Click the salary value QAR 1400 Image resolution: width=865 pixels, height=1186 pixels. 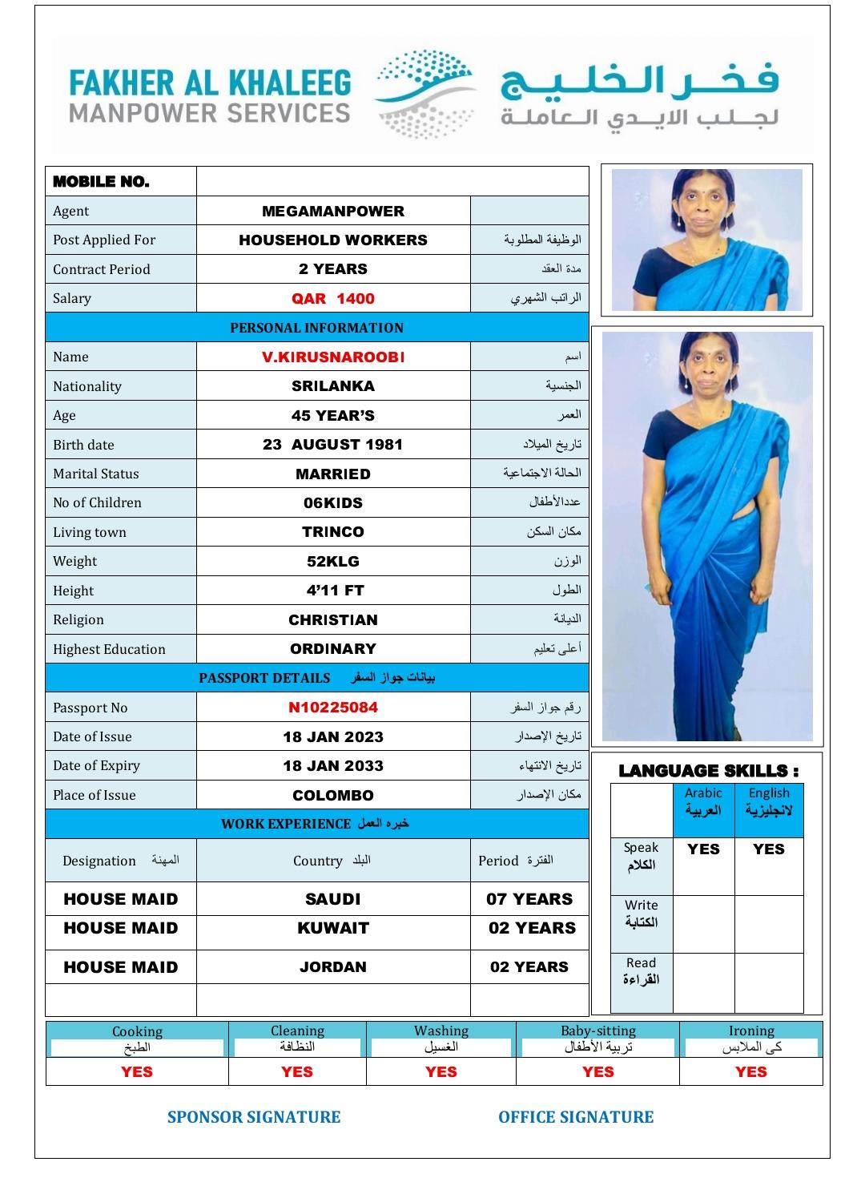332,299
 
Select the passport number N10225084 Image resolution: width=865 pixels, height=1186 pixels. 332,708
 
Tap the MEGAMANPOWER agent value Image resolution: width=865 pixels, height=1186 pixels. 332,212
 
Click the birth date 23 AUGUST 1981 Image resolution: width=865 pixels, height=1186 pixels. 332,445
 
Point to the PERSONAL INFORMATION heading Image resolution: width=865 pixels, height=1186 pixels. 316,328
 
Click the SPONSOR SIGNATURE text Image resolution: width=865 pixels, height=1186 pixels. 254,1117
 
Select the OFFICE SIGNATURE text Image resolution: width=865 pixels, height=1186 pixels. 576,1117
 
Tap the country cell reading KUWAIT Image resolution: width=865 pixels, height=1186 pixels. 332,929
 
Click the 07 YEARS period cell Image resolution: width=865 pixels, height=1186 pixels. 529,899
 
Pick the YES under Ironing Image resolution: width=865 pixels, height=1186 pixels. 750,1072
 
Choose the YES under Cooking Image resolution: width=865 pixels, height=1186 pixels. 137,1072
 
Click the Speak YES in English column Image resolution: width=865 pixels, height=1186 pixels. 768,849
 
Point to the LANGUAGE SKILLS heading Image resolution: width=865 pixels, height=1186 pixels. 708,771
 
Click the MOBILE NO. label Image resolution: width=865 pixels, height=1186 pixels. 101,182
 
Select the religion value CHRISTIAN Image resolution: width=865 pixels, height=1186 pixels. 332,620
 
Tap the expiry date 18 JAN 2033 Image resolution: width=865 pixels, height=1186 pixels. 332,766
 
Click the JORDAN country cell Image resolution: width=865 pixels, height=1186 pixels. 332,967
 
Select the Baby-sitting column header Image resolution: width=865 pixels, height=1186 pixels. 597,1031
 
